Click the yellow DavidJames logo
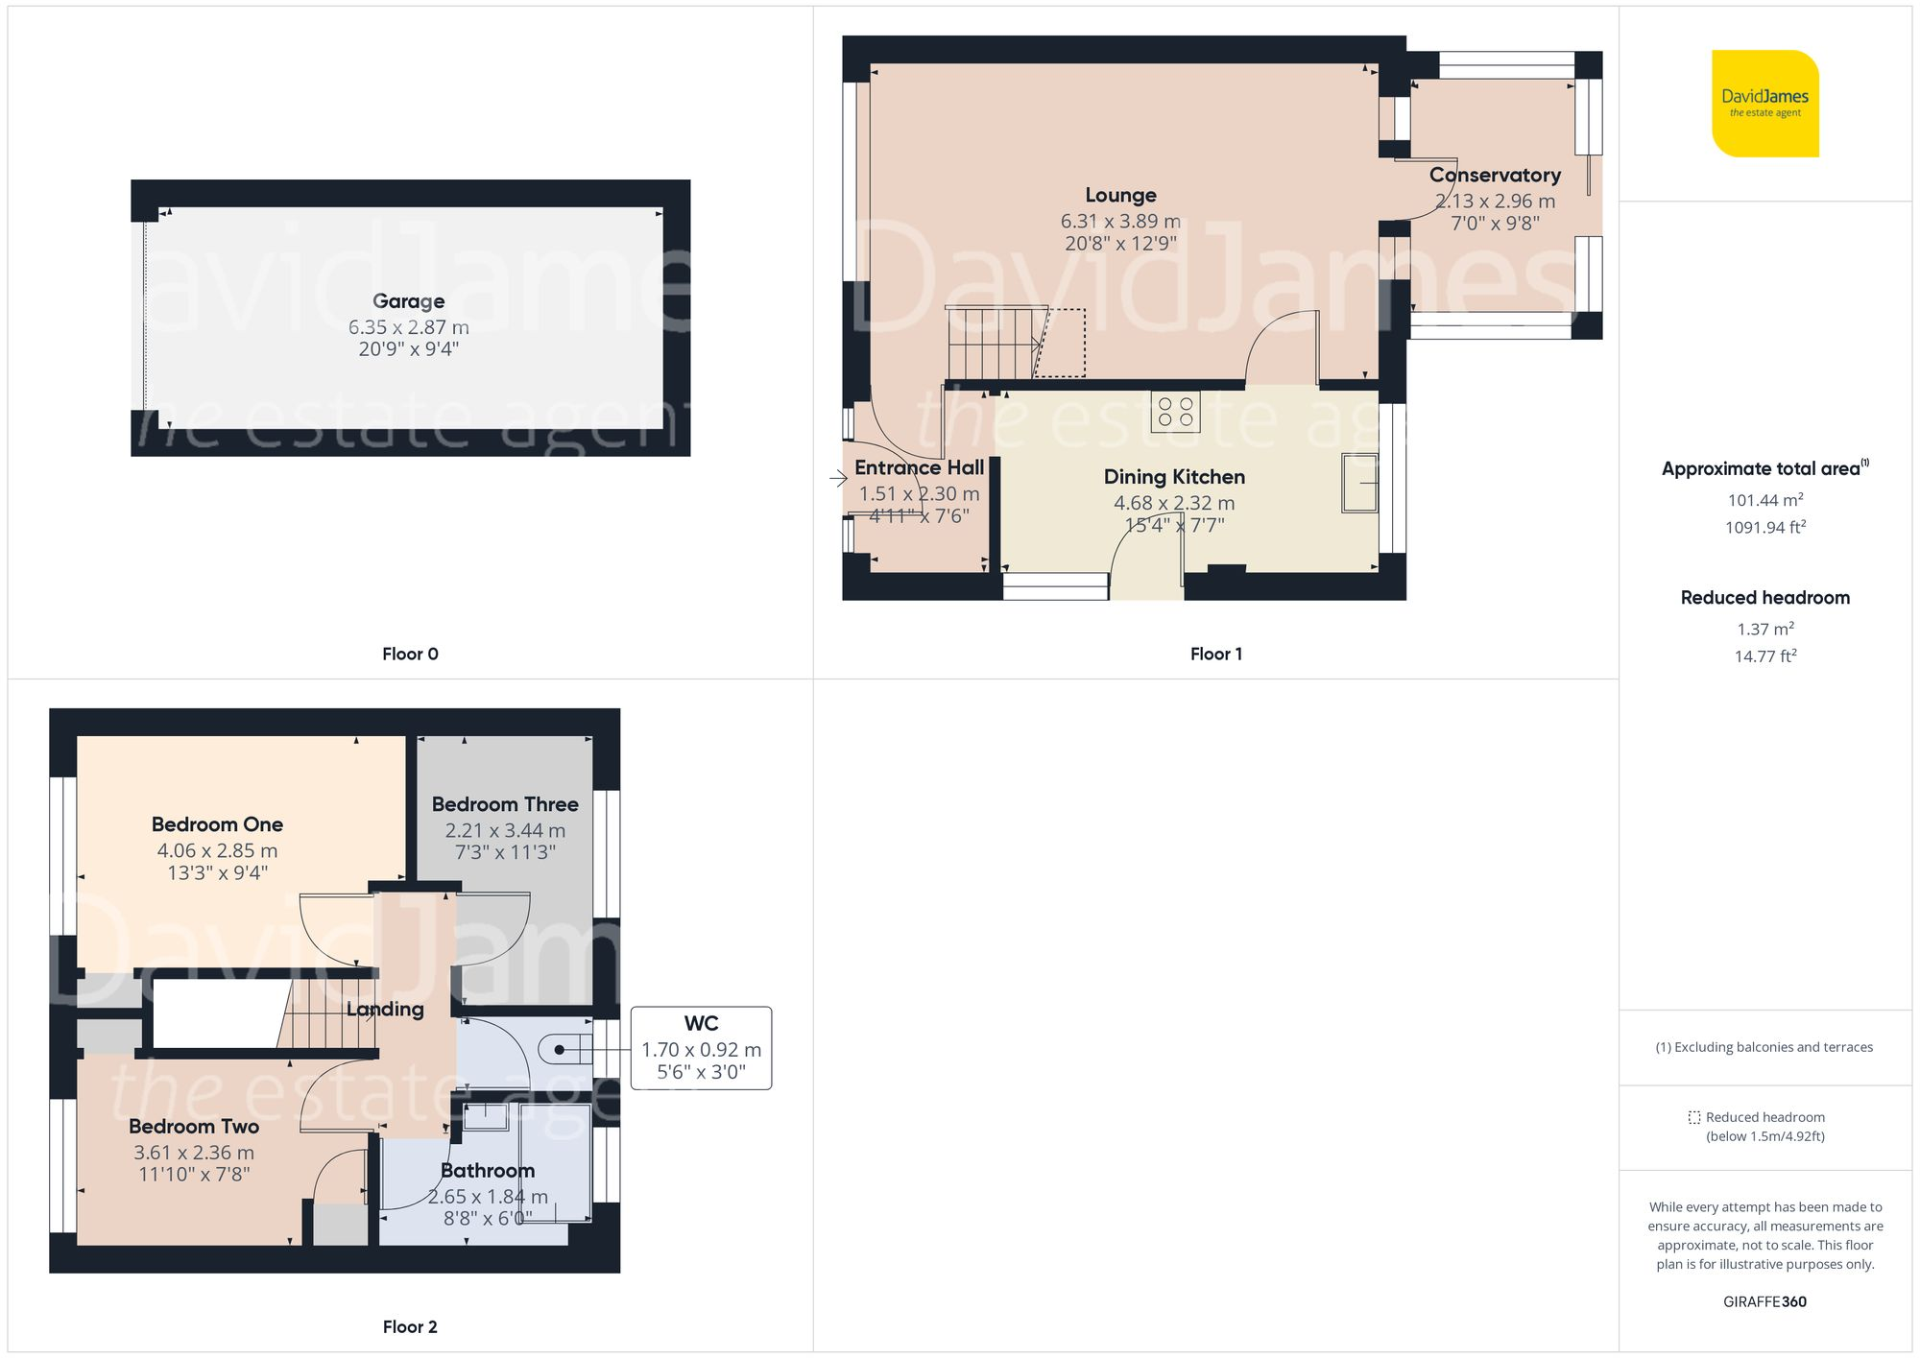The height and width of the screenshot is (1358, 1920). pyautogui.click(x=1764, y=104)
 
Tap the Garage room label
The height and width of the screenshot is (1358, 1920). pyautogui.click(x=408, y=301)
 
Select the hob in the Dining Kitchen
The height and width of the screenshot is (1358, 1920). pyautogui.click(x=1175, y=412)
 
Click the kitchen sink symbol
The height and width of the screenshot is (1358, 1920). pyautogui.click(x=1359, y=483)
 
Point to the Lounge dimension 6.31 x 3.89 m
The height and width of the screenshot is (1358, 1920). pyautogui.click(x=1120, y=221)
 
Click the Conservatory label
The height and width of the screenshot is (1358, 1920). pyautogui.click(x=1495, y=176)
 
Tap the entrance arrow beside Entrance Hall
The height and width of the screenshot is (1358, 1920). pyautogui.click(x=838, y=477)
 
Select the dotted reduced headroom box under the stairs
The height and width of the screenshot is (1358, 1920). pyautogui.click(x=1061, y=343)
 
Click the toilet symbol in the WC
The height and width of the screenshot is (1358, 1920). pyautogui.click(x=561, y=1050)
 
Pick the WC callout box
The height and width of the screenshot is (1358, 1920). pyautogui.click(x=701, y=1047)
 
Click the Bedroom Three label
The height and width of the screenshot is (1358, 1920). pyautogui.click(x=505, y=804)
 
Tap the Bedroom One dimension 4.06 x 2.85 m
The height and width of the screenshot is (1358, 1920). pyautogui.click(x=217, y=850)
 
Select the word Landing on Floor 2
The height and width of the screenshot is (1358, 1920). pyautogui.click(x=385, y=1009)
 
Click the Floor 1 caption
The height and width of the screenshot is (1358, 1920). pyautogui.click(x=1215, y=654)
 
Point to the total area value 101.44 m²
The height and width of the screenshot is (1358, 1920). pyautogui.click(x=1764, y=500)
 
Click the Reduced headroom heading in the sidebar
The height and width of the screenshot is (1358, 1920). pyautogui.click(x=1764, y=597)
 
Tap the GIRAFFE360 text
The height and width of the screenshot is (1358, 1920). pyautogui.click(x=1764, y=1301)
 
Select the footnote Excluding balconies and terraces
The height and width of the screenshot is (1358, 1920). pyautogui.click(x=1764, y=1047)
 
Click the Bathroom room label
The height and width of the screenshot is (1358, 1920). pyautogui.click(x=488, y=1170)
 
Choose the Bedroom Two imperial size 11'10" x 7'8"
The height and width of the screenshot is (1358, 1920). pyautogui.click(x=194, y=1174)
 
